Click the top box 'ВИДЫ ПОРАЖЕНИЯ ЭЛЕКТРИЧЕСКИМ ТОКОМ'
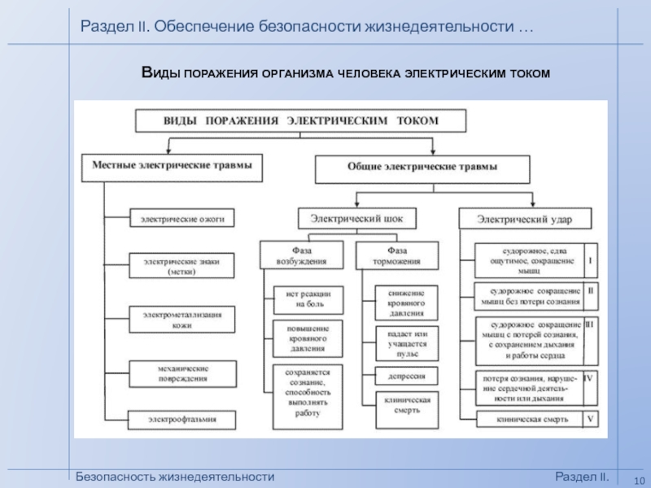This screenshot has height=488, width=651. (299, 120)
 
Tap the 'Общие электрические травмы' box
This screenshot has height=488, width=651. (422, 167)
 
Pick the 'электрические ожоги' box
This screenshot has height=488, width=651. (182, 218)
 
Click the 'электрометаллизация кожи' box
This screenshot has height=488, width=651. (182, 318)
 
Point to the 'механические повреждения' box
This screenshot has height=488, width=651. (182, 373)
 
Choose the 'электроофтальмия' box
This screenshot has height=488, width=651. (182, 420)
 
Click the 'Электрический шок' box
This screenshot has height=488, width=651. (356, 218)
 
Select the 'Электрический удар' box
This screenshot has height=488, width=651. (525, 219)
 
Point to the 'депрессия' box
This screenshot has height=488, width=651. (406, 376)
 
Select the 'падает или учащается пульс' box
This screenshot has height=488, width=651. (406, 343)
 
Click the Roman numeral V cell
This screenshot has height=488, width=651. (591, 419)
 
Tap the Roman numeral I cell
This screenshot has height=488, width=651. (591, 261)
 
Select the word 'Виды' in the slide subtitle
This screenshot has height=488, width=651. (160, 74)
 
